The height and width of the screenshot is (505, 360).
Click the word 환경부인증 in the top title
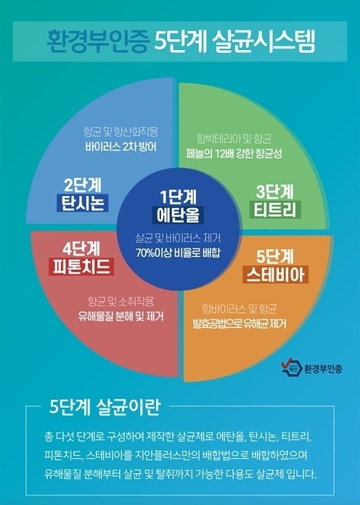[97, 41]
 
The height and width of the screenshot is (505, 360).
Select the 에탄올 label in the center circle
[178, 215]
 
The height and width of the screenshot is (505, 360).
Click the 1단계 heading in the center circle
[178, 197]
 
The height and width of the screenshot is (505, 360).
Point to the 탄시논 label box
[83, 203]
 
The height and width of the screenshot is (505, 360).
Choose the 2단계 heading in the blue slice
[83, 185]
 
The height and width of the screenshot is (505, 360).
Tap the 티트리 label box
[275, 210]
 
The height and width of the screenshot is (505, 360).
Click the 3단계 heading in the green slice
[275, 192]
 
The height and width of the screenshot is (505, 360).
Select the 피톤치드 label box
[81, 267]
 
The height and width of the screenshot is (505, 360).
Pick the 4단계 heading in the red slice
[81, 249]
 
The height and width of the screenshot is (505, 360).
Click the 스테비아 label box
[276, 274]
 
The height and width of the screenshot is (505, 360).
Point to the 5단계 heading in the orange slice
[276, 257]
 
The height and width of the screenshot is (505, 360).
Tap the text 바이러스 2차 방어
[121, 147]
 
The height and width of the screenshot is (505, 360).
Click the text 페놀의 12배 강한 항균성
[234, 153]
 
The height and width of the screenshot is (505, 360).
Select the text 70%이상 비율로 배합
[178, 252]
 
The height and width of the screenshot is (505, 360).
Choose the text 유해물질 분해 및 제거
[121, 316]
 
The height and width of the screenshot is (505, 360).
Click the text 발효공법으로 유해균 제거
[239, 324]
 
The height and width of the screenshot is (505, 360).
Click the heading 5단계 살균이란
[105, 408]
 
